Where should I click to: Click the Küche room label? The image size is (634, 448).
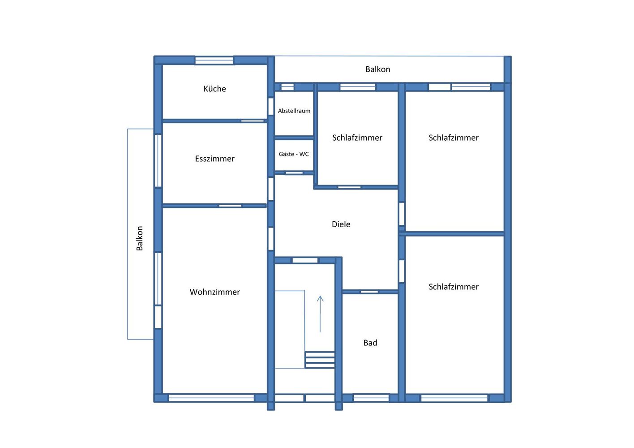coord(214,89)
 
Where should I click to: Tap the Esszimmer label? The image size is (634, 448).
coord(214,159)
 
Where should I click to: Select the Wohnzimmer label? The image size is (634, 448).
coord(214,292)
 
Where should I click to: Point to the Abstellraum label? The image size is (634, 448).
coord(294,111)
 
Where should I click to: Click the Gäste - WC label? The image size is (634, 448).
coord(294,154)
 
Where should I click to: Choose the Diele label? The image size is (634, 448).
coord(341,224)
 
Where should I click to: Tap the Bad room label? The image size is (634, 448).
coord(370,343)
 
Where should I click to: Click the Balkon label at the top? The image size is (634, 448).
coord(377,69)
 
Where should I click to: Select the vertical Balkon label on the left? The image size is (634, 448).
coord(140,238)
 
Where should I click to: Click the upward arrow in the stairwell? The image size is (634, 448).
coord(320,314)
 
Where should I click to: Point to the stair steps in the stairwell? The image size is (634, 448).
coord(320,360)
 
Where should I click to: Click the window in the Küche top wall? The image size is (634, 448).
coord(214,60)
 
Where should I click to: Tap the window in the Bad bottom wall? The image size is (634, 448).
coord(371,398)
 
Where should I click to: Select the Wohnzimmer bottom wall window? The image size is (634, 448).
coord(211,398)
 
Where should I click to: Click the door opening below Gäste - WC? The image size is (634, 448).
coord(294,173)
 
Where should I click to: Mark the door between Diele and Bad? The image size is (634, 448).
coord(369,292)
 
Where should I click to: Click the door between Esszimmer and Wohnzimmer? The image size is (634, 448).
coord(231,206)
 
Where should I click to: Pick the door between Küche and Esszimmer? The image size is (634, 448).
coord(253,121)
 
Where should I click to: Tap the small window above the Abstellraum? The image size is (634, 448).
coord(287,87)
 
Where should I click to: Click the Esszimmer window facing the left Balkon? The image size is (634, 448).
coord(158,160)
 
